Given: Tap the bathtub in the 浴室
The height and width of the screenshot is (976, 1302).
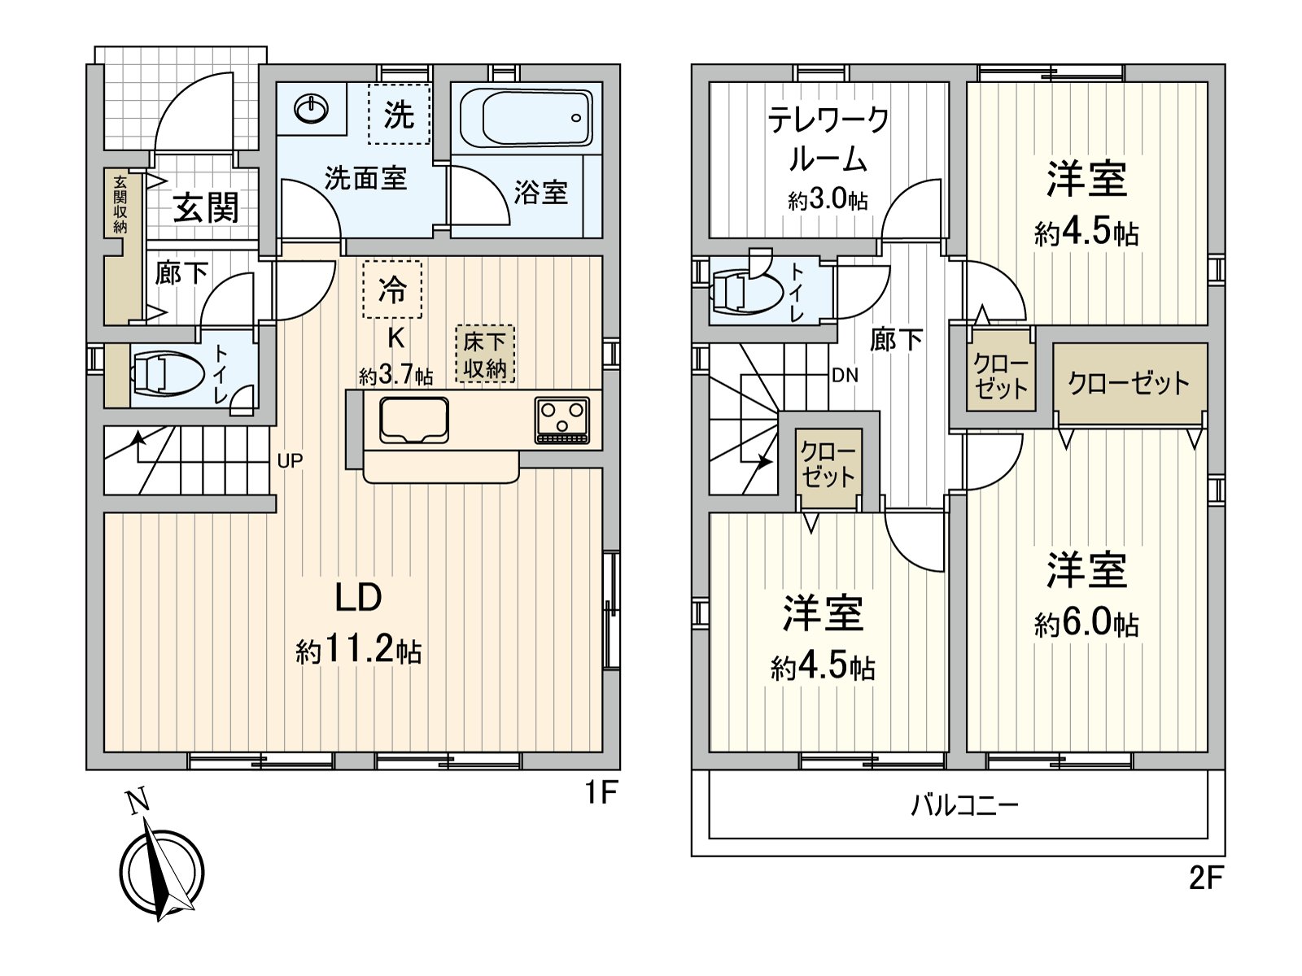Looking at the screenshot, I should pos(526,119).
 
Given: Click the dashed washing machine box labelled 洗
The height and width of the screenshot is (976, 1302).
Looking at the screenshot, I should pos(398,115).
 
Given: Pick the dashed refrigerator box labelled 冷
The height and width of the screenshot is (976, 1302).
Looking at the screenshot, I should pos(392,290).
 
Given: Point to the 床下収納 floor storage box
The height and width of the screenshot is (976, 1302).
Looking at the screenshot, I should pos(485,355).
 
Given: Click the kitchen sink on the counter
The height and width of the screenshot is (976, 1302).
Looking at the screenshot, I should pos(413,420).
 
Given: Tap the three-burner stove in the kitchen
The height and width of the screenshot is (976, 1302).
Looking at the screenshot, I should pos(562,420).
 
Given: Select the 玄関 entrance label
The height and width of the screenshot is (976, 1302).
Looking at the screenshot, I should pos(207,208).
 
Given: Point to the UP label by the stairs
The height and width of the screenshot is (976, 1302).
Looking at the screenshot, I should pos(290,461).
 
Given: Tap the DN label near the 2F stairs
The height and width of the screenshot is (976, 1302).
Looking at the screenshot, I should pos(845,376).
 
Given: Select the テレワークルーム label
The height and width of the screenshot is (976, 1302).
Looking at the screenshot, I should pos(828,139).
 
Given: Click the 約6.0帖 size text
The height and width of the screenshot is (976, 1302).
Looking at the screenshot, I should pos(1086,624).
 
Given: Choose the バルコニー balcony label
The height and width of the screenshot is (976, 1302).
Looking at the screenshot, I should pos(964,806).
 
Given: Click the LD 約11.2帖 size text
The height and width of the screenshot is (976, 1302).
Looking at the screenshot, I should pos(359,650).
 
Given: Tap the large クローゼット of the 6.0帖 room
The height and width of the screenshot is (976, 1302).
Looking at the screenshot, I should pos(1129,382).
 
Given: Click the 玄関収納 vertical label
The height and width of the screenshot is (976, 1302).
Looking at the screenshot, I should pos(120,204).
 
